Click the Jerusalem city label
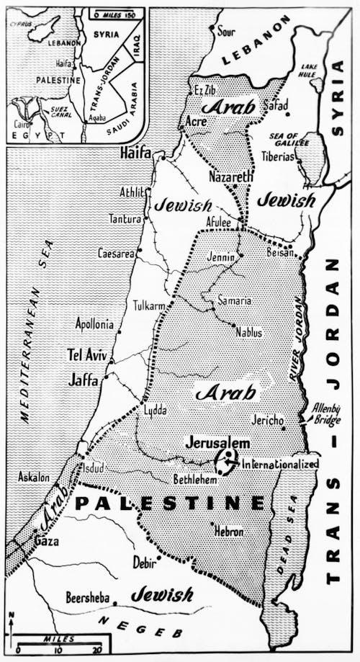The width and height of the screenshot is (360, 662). (217, 442)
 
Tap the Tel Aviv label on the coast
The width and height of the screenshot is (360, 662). (87, 356)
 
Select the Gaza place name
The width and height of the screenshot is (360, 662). (47, 541)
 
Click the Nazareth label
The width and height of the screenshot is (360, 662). (231, 176)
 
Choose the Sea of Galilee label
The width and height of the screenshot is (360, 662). (282, 139)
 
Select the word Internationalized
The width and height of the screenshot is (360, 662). (280, 465)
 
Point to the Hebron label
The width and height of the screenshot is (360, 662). (228, 532)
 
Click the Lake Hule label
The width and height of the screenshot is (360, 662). (309, 70)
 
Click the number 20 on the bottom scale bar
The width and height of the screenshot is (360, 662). (96, 651)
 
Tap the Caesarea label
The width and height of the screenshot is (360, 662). (116, 254)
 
